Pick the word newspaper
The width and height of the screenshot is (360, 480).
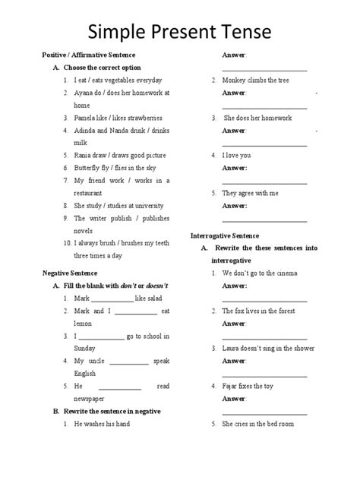point(91,399)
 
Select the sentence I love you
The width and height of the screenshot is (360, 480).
point(237,155)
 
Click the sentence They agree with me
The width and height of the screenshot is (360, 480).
point(250,192)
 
